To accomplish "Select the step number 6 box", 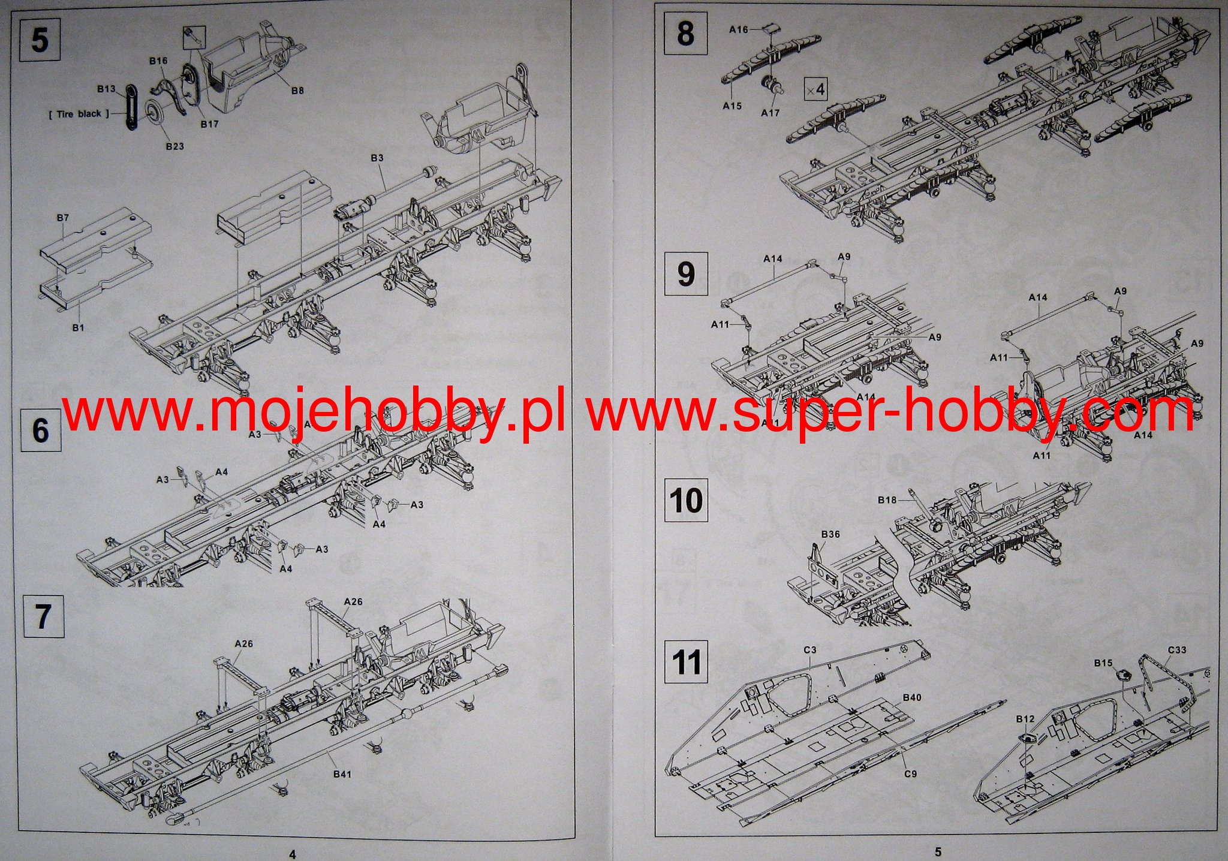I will [x=40, y=430].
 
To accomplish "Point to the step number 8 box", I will [x=685, y=33].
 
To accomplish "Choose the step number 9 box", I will [x=685, y=273].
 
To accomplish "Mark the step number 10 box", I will [x=687, y=499].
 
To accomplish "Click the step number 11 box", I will [x=687, y=663].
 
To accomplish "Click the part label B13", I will [x=106, y=89].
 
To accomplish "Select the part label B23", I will [x=174, y=146].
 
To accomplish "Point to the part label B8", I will [x=297, y=91].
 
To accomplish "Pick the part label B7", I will [x=63, y=218].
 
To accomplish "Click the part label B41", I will [x=342, y=774].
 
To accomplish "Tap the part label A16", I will [x=739, y=29].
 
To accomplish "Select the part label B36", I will [x=830, y=534].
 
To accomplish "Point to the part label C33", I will [x=1176, y=650].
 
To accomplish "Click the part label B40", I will [x=911, y=697].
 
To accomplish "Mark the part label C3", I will [x=810, y=650].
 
